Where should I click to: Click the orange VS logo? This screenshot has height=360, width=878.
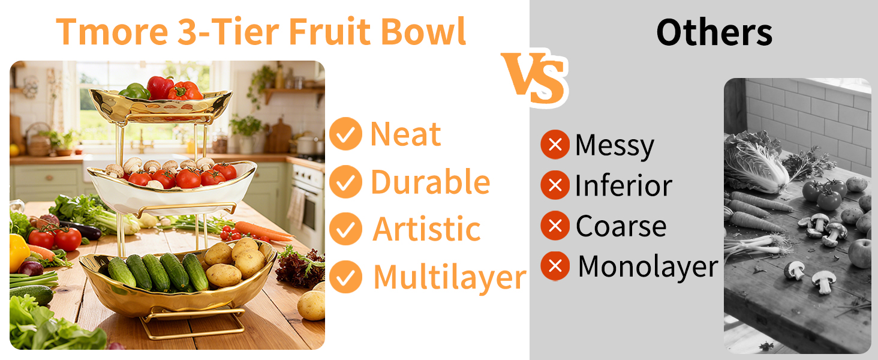click(534, 78)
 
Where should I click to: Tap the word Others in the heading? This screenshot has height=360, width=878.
click(714, 32)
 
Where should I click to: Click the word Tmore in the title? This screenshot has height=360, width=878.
click(112, 32)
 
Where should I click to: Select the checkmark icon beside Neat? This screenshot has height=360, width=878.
click(345, 134)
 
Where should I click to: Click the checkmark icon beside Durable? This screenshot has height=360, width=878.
click(345, 182)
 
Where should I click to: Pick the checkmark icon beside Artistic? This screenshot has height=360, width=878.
click(345, 229)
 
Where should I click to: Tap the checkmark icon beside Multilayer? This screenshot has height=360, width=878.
click(345, 277)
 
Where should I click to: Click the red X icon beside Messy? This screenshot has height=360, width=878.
click(555, 145)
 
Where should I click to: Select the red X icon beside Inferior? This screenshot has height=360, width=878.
click(555, 185)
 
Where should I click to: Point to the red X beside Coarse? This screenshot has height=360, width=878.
click(555, 226)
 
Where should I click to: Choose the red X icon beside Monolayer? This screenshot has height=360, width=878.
click(555, 266)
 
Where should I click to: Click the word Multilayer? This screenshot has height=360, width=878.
click(450, 278)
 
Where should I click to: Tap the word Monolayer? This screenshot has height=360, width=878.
click(648, 266)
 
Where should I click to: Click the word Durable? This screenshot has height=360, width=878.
click(431, 182)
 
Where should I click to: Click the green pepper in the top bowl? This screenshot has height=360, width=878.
click(135, 91)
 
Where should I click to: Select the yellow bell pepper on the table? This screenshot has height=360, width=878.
click(18, 252)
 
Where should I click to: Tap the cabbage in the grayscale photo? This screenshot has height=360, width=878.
click(754, 162)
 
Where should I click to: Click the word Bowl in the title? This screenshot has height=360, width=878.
click(423, 32)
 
